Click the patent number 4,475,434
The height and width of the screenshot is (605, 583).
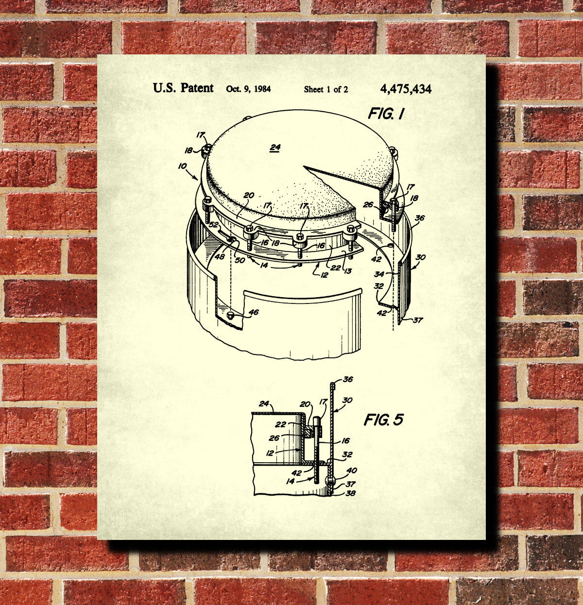(x=406, y=89)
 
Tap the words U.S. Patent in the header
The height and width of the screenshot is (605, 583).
(x=183, y=88)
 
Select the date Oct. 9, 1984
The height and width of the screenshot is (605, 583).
(x=248, y=89)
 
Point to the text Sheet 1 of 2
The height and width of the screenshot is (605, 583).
(x=326, y=89)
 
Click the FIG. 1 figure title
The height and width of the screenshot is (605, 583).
(x=386, y=114)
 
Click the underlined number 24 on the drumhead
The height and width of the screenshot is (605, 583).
(x=275, y=147)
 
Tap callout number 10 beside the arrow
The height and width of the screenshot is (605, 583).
(x=182, y=166)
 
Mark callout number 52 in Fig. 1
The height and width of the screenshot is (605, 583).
(x=214, y=225)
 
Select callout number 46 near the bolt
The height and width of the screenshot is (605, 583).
(x=254, y=312)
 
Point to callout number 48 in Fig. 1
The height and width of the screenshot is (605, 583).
(x=220, y=257)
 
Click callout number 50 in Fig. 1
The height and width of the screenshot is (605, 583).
(x=240, y=260)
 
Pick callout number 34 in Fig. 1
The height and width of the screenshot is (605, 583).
(x=379, y=274)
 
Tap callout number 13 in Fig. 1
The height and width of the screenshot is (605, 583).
(x=347, y=271)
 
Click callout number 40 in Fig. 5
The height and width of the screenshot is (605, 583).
(x=352, y=471)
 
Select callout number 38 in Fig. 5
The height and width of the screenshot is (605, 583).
(x=351, y=493)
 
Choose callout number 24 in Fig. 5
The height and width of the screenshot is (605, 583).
(x=264, y=404)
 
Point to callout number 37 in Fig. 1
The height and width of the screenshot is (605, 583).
(x=418, y=320)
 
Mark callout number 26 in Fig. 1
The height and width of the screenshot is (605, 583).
(x=368, y=204)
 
